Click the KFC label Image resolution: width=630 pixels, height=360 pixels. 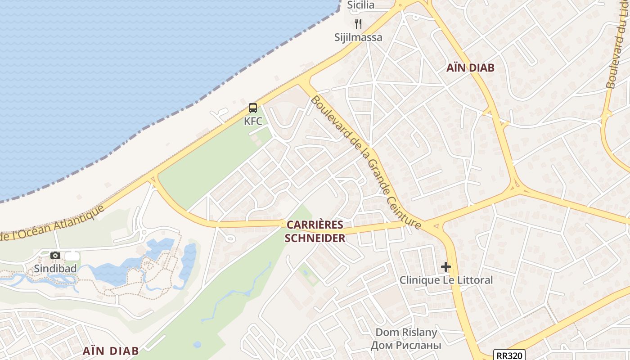[x=253, y=121]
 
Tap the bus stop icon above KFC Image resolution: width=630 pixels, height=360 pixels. [x=253, y=108]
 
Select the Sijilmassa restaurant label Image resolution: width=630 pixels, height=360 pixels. [x=358, y=37]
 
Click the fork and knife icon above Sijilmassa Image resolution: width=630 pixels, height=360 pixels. [x=358, y=24]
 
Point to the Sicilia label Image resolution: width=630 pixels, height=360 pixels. [x=361, y=5]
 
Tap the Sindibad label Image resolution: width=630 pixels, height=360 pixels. [x=55, y=269]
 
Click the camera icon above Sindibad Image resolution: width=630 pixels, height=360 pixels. [x=55, y=256]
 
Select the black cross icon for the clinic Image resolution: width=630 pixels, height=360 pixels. [x=446, y=267]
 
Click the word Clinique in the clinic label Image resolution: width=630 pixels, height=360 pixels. [x=419, y=280]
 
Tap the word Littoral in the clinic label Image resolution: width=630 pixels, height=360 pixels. [x=475, y=280]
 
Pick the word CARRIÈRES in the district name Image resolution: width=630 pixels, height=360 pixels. [x=315, y=225]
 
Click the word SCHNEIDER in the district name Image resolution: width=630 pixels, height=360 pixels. [x=315, y=238]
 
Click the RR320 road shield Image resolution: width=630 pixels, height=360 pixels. [x=509, y=355]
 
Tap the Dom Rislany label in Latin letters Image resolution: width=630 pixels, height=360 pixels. [x=406, y=333]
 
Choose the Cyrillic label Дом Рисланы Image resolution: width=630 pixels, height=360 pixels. [x=406, y=345]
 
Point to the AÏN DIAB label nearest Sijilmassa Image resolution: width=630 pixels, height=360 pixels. [x=470, y=68]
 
